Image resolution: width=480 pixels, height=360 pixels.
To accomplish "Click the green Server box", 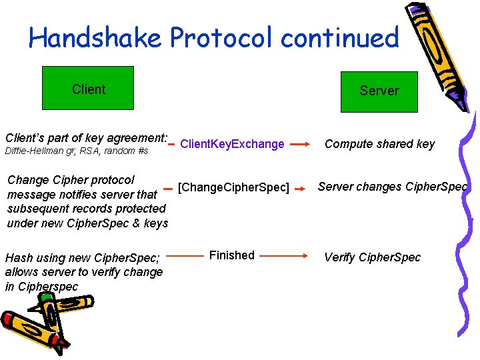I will [x=379, y=91].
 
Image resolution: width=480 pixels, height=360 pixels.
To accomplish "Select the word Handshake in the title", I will [x=95, y=38].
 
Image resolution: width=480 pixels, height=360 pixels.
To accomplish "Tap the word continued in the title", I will [x=339, y=38].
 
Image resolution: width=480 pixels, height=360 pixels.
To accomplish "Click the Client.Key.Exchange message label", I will [x=232, y=144].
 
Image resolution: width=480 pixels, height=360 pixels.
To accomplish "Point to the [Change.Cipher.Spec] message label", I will [x=233, y=188].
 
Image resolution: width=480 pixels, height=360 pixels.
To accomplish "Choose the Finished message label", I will [x=231, y=255].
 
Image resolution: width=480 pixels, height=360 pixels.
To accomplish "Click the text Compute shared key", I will [x=379, y=144].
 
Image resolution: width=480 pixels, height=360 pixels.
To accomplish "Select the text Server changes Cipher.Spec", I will [x=393, y=187].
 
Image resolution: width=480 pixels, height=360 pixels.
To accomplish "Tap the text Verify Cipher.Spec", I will [x=372, y=257].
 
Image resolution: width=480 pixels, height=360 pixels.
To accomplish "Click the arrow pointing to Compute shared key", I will [x=299, y=143].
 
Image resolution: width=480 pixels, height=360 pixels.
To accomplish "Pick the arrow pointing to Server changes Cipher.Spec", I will [x=303, y=187].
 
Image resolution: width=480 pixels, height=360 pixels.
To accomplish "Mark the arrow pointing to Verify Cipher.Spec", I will [x=283, y=255].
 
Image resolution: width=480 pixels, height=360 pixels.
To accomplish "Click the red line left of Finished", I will [x=185, y=255].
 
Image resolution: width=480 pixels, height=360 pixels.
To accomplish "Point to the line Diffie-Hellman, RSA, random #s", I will [x=76, y=152].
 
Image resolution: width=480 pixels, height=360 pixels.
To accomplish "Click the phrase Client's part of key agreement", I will [x=85, y=138].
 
